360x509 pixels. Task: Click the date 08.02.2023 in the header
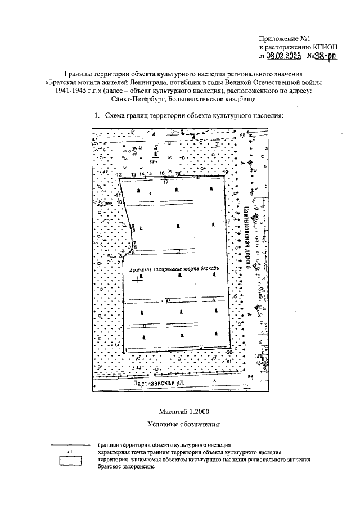click(286, 56)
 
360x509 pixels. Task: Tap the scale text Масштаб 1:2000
click(177, 411)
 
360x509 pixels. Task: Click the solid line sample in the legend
click(71, 445)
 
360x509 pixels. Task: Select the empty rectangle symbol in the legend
click(71, 460)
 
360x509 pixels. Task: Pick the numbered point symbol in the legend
click(70, 452)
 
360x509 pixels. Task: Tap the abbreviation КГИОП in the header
click(327, 47)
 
